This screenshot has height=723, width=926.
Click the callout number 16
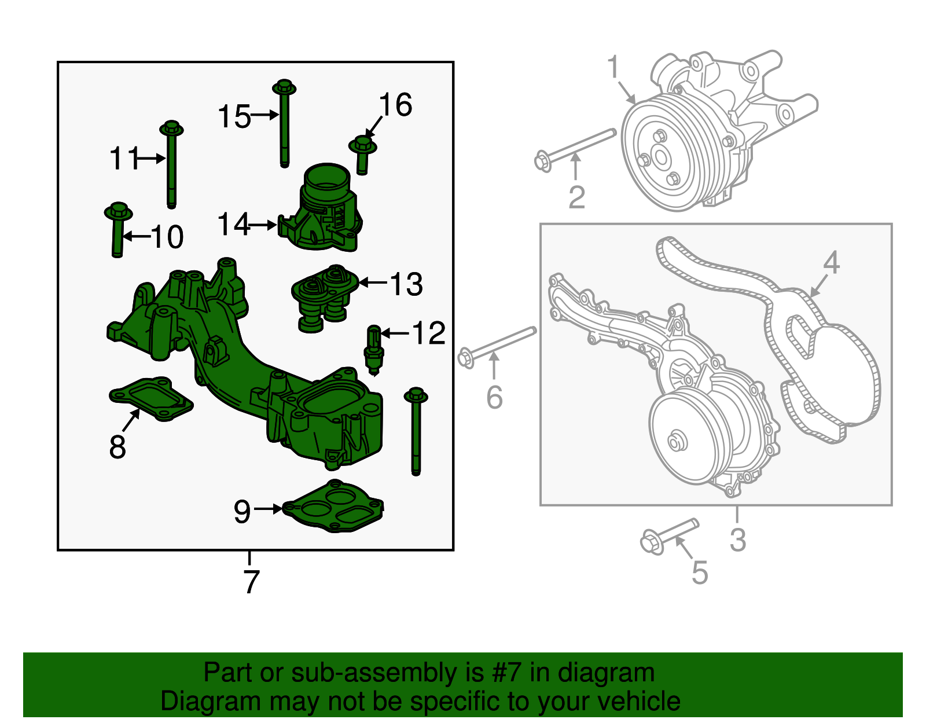click(396, 105)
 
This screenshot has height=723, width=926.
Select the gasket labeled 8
click(150, 398)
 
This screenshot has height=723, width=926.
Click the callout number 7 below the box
click(251, 582)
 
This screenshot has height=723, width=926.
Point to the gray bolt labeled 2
click(573, 148)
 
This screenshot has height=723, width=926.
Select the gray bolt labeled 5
click(668, 535)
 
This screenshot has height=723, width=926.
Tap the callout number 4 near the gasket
click(831, 263)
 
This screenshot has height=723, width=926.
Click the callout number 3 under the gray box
click(738, 540)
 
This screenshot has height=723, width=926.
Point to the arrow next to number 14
click(264, 225)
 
